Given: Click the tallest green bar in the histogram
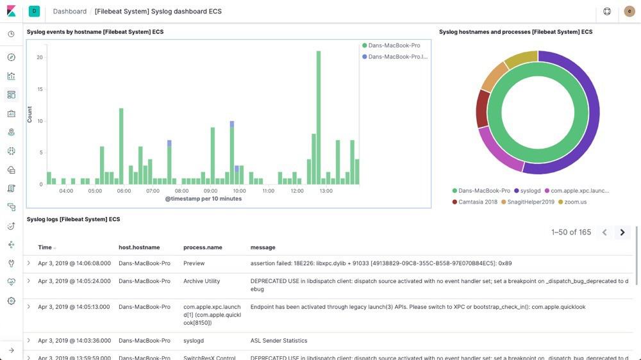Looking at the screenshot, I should pyautogui.click(x=319, y=119).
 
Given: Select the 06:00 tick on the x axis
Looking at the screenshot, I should pyautogui.click(x=124, y=191).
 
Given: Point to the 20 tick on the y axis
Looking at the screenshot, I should pyautogui.click(x=40, y=58).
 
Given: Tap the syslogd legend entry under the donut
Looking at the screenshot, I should pyautogui.click(x=530, y=191).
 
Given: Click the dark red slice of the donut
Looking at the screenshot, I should pyautogui.click(x=482, y=109).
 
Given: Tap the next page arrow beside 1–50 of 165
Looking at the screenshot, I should pyautogui.click(x=622, y=233).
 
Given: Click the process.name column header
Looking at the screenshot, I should pyautogui.click(x=203, y=247).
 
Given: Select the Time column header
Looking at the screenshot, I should pyautogui.click(x=45, y=247).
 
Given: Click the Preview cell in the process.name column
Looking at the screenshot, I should pyautogui.click(x=194, y=263).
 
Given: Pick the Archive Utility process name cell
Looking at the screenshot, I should pyautogui.click(x=201, y=281).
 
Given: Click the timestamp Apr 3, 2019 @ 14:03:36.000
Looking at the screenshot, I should pyautogui.click(x=74, y=341).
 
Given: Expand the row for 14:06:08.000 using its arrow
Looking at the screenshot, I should pyautogui.click(x=29, y=263).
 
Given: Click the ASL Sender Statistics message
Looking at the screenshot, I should pyautogui.click(x=279, y=341).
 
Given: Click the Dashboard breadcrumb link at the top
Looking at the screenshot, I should pyautogui.click(x=70, y=12).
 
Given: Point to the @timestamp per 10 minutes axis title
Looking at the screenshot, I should pyautogui.click(x=203, y=199).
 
